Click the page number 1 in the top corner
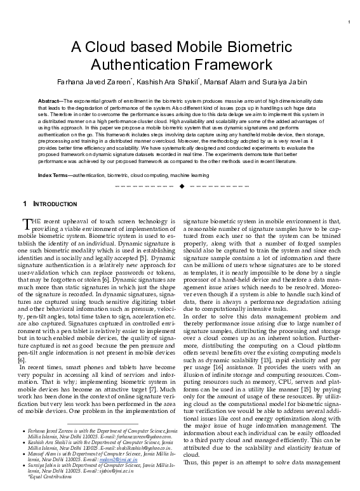pyautogui.click(x=349, y=23)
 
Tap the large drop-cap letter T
pyautogui.click(x=27, y=223)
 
